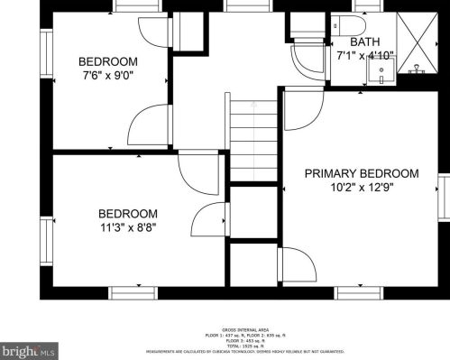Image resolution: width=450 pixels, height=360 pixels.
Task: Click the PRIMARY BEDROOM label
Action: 361,173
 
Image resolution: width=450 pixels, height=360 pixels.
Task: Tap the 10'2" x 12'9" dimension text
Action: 361,188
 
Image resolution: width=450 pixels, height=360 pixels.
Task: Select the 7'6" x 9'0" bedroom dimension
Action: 108,76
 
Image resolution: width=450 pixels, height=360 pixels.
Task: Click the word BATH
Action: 364,42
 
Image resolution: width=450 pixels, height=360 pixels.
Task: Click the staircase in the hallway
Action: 253,141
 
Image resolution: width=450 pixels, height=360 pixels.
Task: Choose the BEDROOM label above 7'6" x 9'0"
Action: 108,61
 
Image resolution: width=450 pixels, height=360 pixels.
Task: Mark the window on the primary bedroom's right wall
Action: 443,199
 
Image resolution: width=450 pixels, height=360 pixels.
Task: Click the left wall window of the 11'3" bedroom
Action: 46,226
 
